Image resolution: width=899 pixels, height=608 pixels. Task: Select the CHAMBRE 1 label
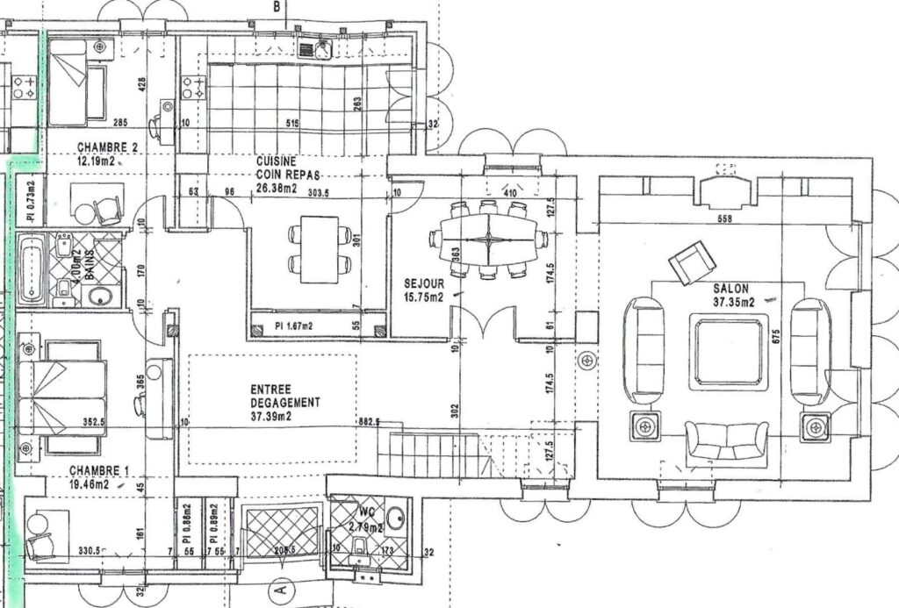100,471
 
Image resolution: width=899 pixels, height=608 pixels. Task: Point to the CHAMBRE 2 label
107,147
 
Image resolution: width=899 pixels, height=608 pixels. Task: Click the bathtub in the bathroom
32,268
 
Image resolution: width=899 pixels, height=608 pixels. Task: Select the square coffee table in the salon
728,353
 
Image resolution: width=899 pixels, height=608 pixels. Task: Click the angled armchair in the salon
692,261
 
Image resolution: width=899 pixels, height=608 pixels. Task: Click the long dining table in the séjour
488,239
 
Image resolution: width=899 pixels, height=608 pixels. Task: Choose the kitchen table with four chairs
319,249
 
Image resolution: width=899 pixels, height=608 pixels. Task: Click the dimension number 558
725,218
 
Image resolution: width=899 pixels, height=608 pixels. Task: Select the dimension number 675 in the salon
775,336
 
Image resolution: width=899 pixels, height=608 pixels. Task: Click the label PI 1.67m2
296,325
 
